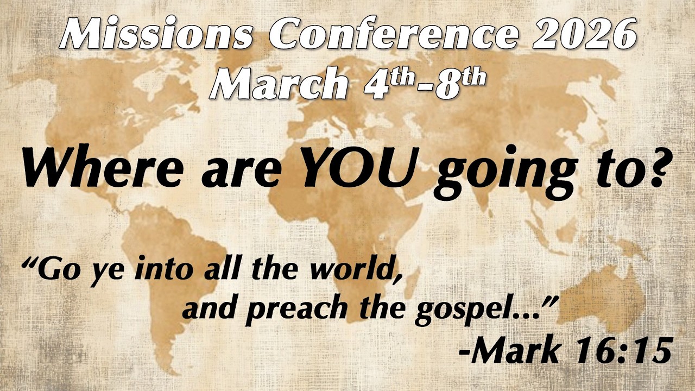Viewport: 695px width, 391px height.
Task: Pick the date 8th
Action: click(x=462, y=83)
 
